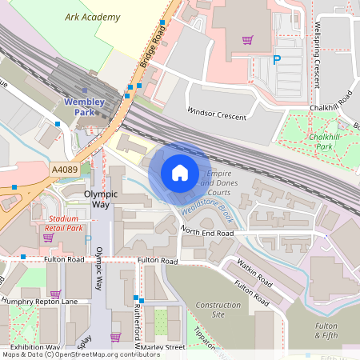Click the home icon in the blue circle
point(179,173)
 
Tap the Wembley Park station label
point(84,107)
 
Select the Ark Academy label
point(94,17)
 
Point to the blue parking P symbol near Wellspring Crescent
point(277,59)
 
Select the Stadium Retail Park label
point(65,222)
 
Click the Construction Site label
point(218,310)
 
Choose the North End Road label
point(206,232)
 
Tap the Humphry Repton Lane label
point(39,301)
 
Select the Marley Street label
point(163,347)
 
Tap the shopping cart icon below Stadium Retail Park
point(48,238)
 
